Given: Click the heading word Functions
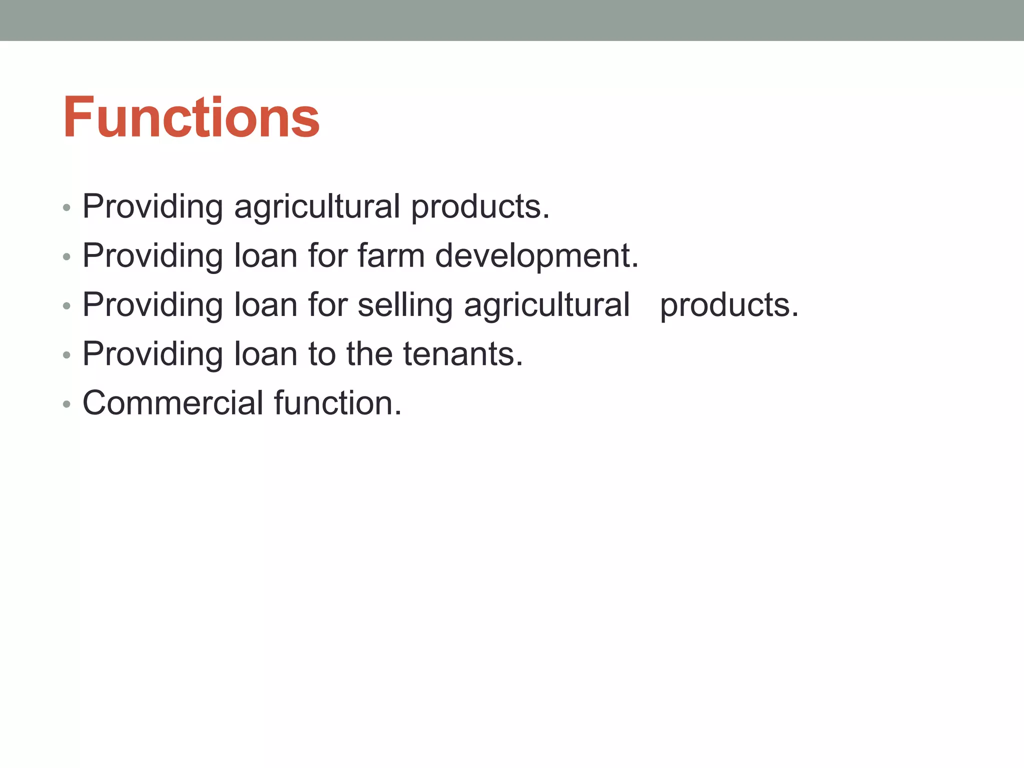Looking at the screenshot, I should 191,117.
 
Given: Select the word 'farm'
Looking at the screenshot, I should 390,255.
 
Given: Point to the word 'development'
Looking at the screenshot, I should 536,256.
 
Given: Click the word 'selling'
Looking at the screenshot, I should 405,305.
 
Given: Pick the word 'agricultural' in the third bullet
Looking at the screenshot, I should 546,305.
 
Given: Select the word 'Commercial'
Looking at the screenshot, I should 172,403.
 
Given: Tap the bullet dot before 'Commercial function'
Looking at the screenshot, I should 66,404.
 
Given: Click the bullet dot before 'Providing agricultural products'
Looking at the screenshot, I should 66,207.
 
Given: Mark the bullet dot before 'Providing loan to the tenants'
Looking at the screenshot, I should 66,355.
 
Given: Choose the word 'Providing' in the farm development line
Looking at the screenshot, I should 152,256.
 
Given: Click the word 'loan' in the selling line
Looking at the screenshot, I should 265,305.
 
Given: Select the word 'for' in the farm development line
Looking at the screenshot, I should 327,255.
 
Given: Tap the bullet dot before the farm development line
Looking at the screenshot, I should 66,257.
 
